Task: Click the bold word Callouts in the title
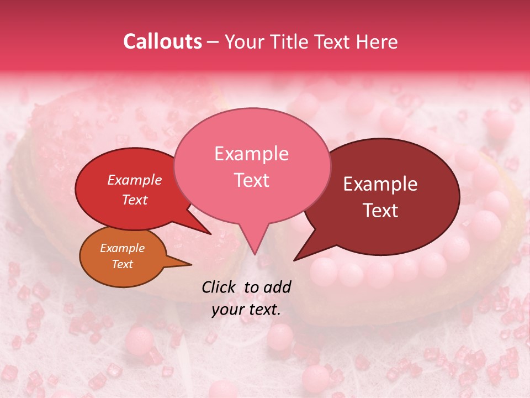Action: (x=162, y=41)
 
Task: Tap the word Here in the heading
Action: (x=377, y=41)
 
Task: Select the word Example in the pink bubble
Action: (x=251, y=154)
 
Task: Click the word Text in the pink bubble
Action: (x=251, y=180)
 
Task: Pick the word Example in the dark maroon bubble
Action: (x=380, y=184)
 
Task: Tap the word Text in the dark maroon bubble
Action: (x=380, y=211)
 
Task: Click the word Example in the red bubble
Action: (x=134, y=180)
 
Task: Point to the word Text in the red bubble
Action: (x=134, y=200)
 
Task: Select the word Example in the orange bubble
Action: (x=122, y=248)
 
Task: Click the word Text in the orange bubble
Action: (x=122, y=264)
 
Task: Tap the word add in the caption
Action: (x=278, y=287)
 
